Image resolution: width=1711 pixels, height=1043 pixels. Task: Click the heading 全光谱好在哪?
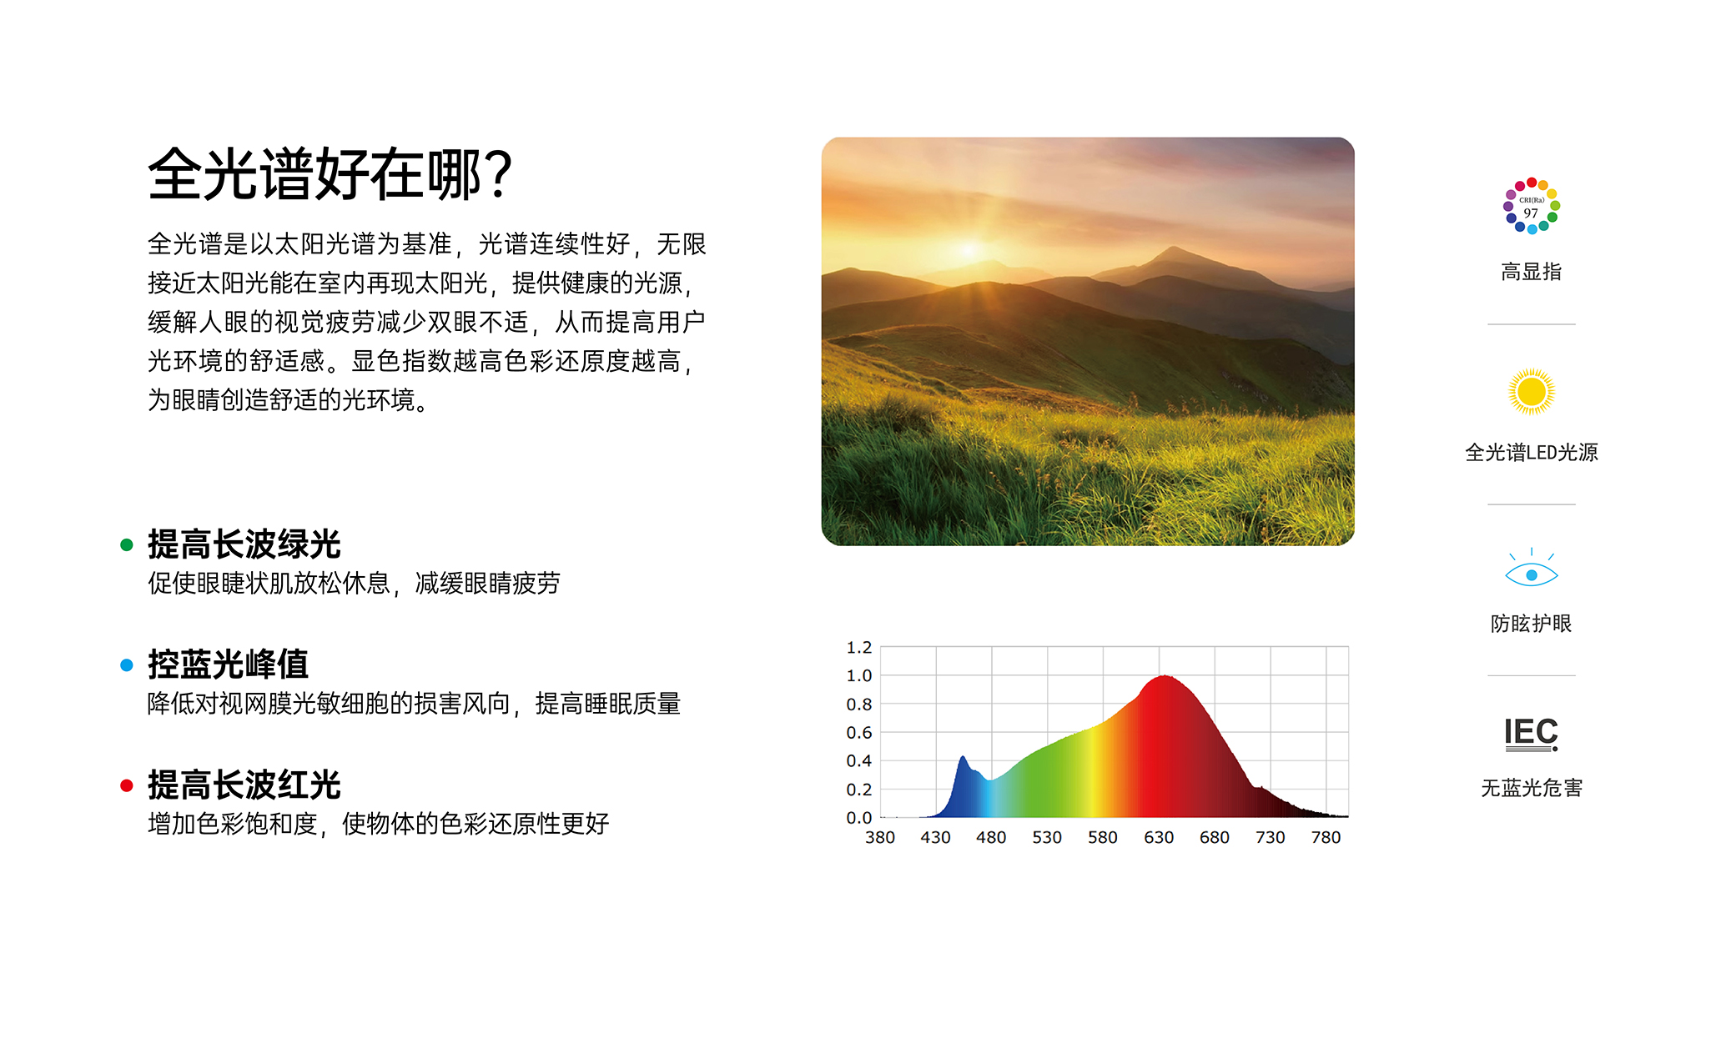point(330,175)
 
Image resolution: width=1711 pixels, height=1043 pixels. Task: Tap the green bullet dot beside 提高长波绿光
point(127,545)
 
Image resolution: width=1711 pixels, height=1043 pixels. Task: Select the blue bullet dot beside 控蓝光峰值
point(127,665)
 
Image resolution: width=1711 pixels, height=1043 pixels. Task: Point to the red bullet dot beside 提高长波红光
point(127,785)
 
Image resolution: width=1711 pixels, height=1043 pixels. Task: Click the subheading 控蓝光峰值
point(228,664)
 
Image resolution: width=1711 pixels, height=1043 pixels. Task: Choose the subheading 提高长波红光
point(244,785)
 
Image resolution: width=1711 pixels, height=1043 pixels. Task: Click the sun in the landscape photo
point(969,248)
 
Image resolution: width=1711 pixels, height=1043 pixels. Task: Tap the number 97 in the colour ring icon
point(1531,213)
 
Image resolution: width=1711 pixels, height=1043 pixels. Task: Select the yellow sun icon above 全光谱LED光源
point(1531,391)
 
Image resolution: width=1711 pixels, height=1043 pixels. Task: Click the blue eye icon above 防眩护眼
point(1531,574)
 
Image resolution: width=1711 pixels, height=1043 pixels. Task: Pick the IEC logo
point(1531,734)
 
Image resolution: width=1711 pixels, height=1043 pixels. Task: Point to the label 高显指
point(1531,272)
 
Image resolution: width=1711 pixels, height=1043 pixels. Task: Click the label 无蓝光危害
point(1531,788)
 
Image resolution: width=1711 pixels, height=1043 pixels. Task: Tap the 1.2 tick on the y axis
point(858,648)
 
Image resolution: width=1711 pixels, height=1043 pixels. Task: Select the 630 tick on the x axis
point(1159,837)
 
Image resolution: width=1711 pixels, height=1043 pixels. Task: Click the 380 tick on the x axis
point(880,837)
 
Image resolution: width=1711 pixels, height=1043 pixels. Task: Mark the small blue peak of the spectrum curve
point(964,758)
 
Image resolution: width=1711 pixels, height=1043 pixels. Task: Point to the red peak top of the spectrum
point(1164,677)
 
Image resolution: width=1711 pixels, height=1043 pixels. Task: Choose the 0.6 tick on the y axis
point(858,733)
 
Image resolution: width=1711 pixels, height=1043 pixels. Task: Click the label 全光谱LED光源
point(1531,453)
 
